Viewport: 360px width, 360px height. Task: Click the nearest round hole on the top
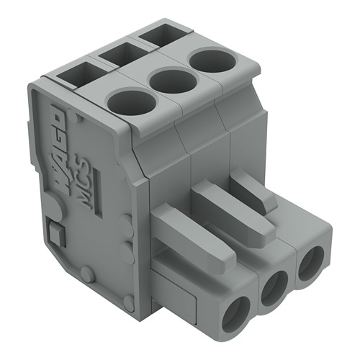pos(132,103)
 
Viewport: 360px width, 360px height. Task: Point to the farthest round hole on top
pos(211,60)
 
